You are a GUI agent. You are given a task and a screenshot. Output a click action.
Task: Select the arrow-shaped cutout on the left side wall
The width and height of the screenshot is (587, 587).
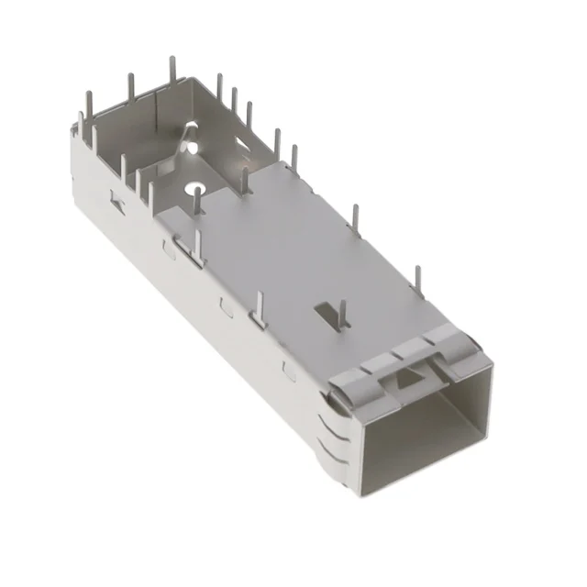115,199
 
